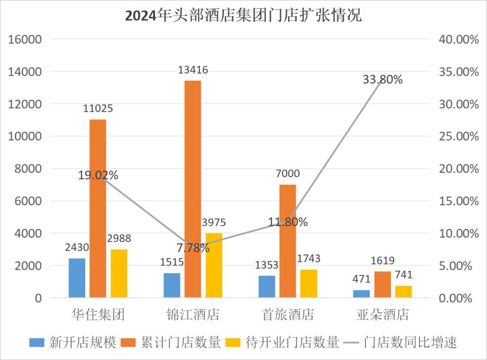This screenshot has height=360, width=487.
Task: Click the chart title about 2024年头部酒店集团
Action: tap(243, 15)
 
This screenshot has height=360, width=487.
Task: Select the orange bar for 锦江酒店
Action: tap(193, 188)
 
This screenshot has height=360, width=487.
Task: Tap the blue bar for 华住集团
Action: tap(77, 278)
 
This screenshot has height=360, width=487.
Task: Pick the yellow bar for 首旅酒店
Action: tap(308, 283)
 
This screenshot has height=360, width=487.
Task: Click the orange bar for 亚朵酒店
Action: tap(382, 284)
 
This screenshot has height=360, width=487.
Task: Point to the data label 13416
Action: tap(193, 70)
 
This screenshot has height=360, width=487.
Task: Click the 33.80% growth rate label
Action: tap(382, 80)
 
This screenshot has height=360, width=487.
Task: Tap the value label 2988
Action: tap(119, 239)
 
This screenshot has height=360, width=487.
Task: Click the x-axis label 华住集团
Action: tap(98, 315)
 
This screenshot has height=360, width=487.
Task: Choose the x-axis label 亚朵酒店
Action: tap(382, 315)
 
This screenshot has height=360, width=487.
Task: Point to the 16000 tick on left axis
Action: tap(25, 40)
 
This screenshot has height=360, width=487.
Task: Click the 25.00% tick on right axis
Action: tap(458, 137)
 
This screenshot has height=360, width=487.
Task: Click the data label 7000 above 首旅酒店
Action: tap(287, 174)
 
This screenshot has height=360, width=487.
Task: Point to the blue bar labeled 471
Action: tap(362, 294)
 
